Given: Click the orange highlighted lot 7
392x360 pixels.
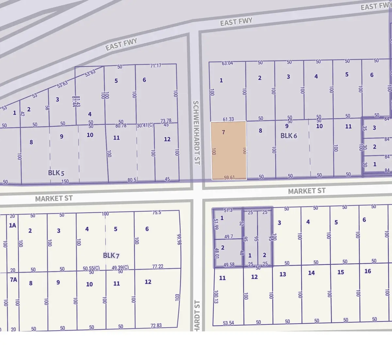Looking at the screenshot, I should (x=229, y=150).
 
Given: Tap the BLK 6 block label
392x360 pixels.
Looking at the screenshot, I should (x=289, y=136).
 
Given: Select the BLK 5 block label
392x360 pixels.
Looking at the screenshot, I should (x=56, y=173).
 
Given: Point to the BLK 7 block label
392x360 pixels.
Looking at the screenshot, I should (x=111, y=255).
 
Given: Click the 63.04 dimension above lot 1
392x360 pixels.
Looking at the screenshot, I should (x=227, y=63).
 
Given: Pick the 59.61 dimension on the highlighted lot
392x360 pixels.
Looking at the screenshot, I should (x=229, y=178).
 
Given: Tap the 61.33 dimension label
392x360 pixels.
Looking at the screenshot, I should (x=228, y=119).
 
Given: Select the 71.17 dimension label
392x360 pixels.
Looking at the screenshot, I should (x=156, y=66).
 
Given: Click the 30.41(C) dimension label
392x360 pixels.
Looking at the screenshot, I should (x=145, y=125).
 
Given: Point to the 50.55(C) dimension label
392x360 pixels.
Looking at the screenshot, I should (x=91, y=269).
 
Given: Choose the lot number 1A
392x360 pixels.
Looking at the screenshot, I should (x=12, y=225).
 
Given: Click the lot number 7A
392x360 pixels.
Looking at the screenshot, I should (x=13, y=280).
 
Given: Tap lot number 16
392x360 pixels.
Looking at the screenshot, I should (x=367, y=271).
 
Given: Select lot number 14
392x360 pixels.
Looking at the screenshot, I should (x=311, y=273).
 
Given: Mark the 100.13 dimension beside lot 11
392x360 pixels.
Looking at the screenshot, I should (x=216, y=297).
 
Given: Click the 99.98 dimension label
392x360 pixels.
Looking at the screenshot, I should (x=179, y=239).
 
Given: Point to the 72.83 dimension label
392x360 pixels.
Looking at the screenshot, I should (x=156, y=326).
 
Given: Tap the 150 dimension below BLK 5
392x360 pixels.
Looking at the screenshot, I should (x=65, y=182).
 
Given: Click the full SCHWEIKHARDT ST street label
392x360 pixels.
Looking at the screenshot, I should (x=196, y=132).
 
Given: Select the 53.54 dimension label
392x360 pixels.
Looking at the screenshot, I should (x=228, y=323).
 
